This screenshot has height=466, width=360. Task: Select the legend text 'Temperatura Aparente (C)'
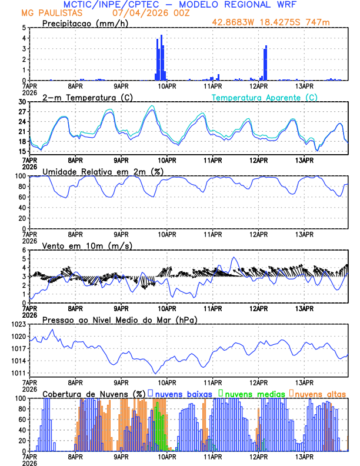tap(265, 97)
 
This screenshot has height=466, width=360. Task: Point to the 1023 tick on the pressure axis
tap(18, 324)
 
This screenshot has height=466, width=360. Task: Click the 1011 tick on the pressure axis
tap(18, 374)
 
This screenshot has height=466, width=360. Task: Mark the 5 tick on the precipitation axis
tap(24, 28)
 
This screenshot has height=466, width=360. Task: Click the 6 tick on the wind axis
tap(24, 250)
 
